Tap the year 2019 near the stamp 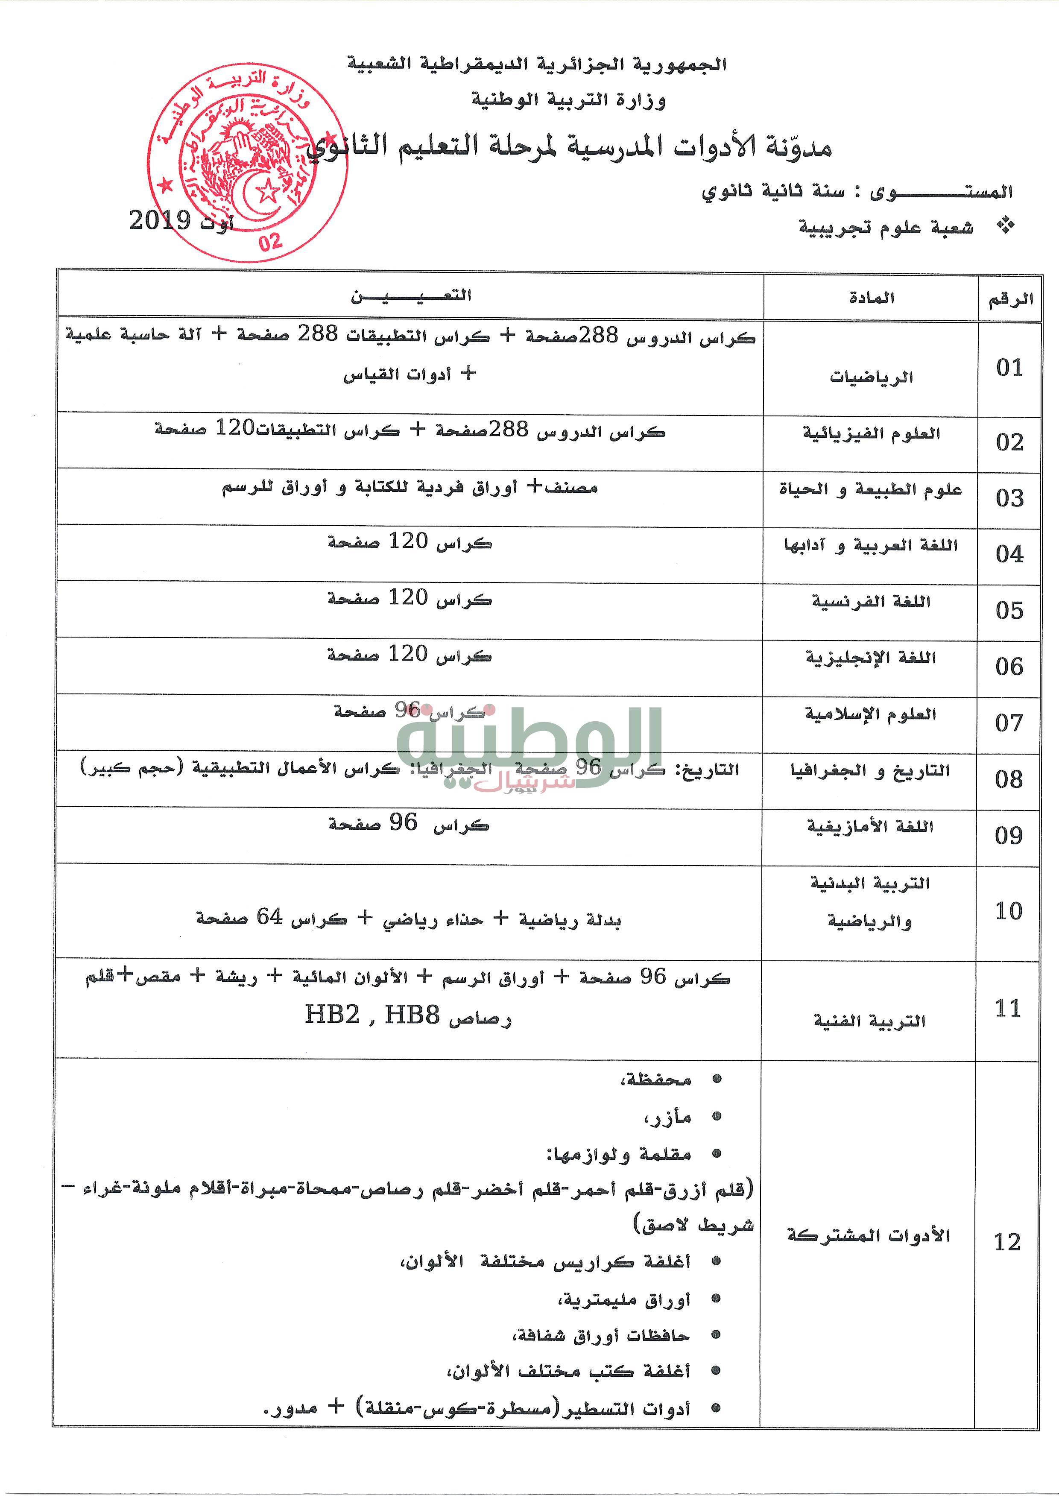pyautogui.click(x=159, y=220)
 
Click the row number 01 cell pyautogui.click(x=1009, y=368)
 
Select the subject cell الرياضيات pyautogui.click(x=871, y=377)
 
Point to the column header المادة pyautogui.click(x=871, y=298)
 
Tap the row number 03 pyautogui.click(x=1009, y=498)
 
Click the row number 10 pyautogui.click(x=1009, y=911)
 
